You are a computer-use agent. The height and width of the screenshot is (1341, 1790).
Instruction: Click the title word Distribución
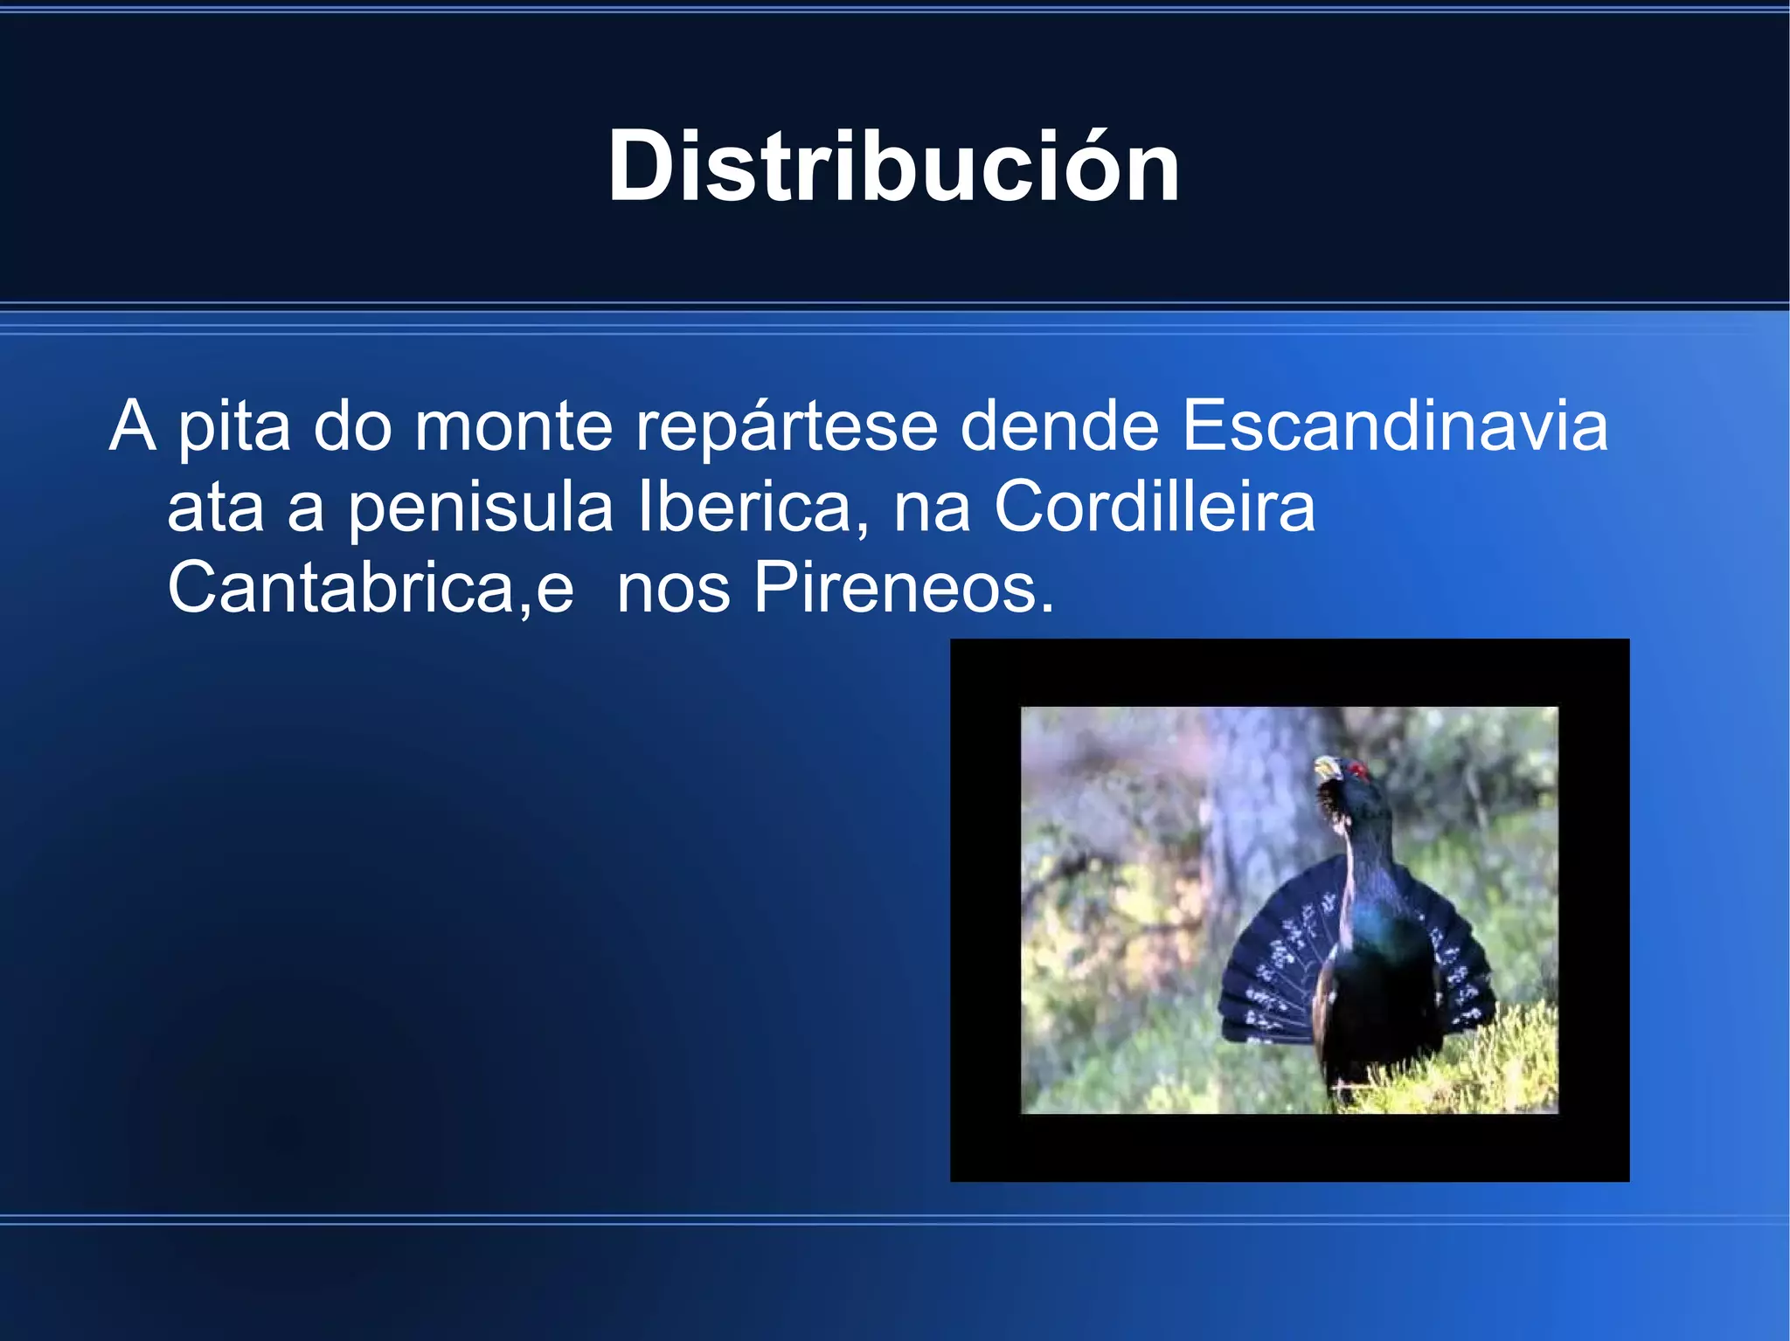893,166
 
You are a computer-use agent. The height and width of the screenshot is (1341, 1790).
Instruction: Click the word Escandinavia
1394,425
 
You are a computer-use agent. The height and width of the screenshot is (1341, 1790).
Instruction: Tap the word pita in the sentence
234,425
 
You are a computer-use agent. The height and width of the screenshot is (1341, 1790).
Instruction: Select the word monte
514,425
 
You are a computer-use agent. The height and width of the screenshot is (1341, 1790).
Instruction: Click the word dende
1059,425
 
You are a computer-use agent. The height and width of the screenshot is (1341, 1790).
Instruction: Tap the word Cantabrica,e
370,588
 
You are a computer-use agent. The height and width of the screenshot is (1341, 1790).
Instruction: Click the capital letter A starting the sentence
132,425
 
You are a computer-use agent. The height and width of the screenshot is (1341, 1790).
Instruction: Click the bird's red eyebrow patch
1357,770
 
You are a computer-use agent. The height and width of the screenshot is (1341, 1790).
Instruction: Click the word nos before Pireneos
673,588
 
